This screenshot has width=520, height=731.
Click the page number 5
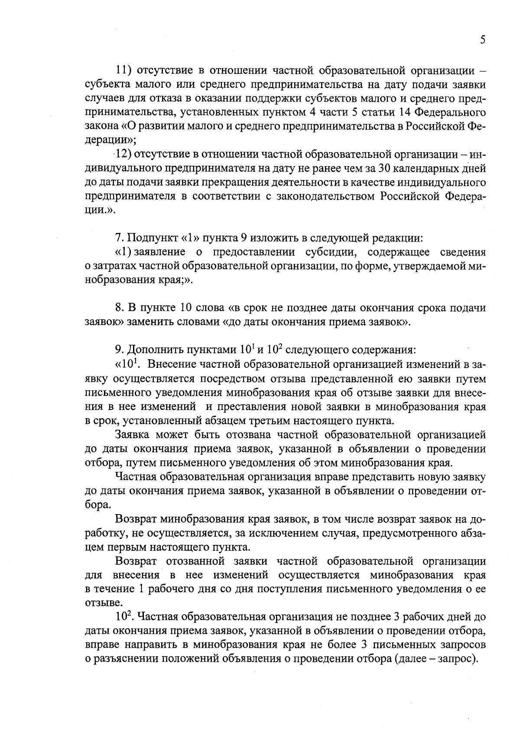pyautogui.click(x=482, y=40)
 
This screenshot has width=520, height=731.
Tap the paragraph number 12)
pyautogui.click(x=123, y=154)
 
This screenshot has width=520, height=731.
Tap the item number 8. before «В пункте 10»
pyautogui.click(x=120, y=308)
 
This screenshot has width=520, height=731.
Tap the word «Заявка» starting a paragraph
pyautogui.click(x=133, y=435)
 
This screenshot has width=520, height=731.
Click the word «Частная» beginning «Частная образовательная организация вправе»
pyautogui.click(x=136, y=477)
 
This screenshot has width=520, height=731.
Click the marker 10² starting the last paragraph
pyautogui.click(x=121, y=616)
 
